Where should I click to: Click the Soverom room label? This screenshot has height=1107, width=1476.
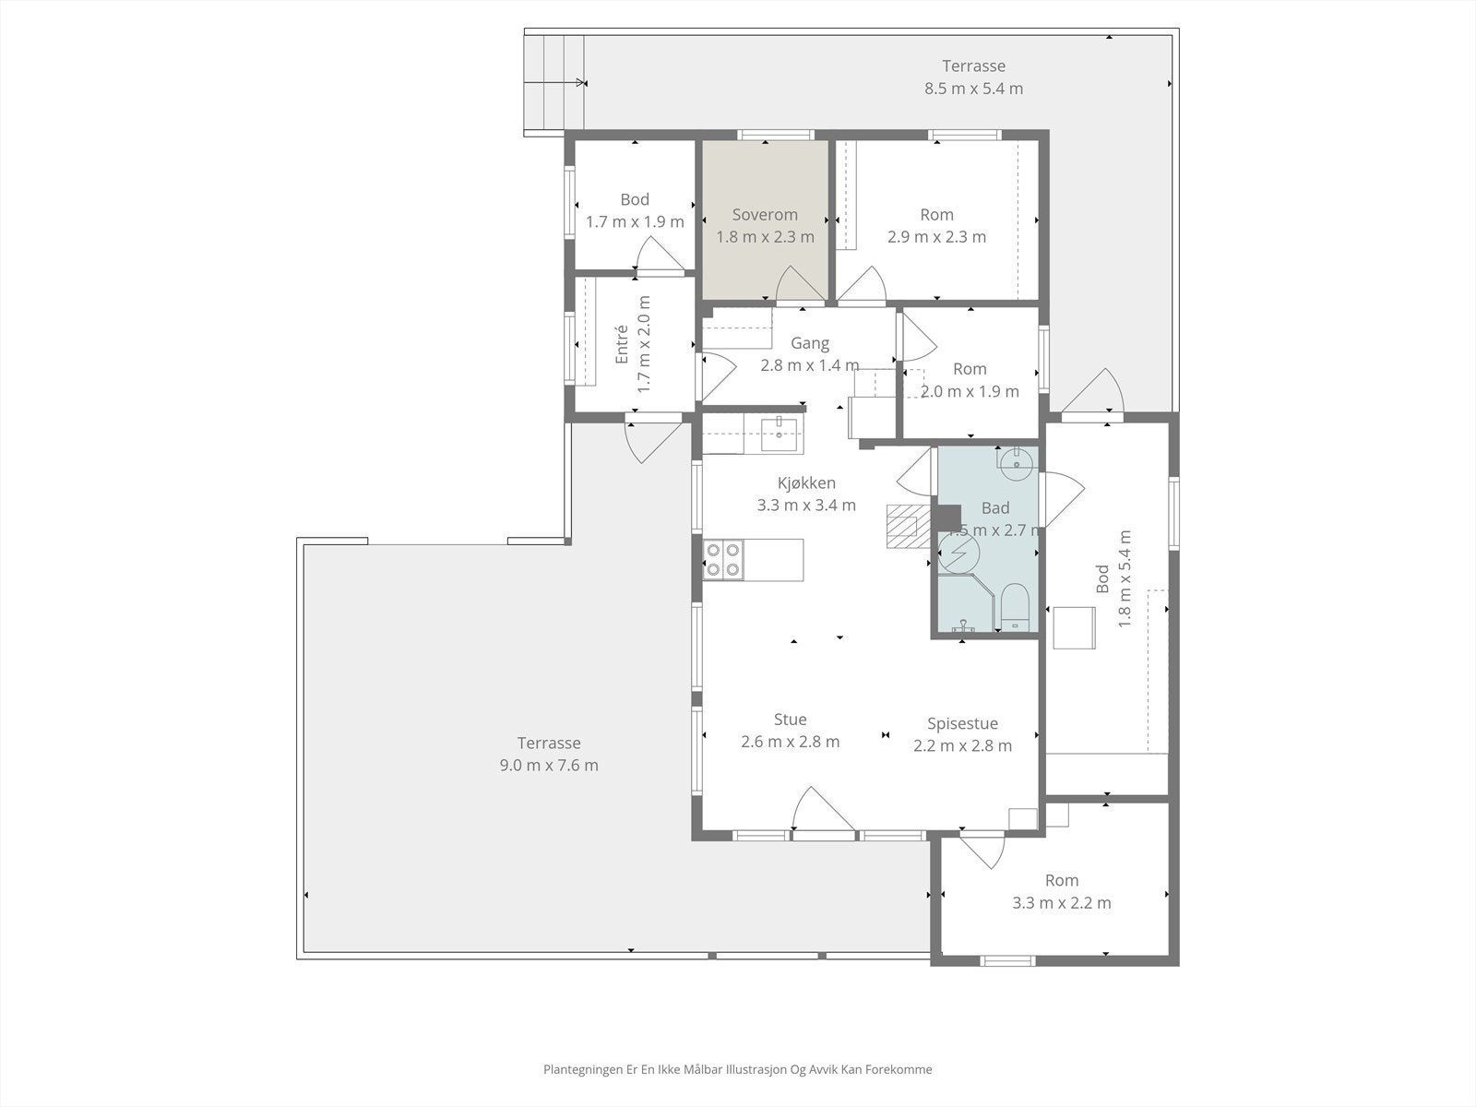click(765, 215)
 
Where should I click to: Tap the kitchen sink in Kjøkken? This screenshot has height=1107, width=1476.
click(780, 433)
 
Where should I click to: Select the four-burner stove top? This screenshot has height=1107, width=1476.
click(723, 559)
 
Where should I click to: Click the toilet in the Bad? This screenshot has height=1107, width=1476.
click(1015, 606)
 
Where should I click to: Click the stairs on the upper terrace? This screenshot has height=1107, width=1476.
click(553, 83)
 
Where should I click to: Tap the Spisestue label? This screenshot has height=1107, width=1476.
click(962, 724)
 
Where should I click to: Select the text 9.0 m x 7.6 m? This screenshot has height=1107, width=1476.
click(549, 765)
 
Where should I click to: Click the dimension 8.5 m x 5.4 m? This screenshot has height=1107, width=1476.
click(973, 89)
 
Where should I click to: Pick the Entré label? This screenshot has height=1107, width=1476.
click(622, 343)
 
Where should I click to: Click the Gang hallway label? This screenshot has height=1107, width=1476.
click(810, 343)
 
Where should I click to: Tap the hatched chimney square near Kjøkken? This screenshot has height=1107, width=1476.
click(902, 527)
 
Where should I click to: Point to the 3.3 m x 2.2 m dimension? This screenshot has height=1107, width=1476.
click(1061, 903)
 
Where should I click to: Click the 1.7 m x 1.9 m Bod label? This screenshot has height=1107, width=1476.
click(635, 222)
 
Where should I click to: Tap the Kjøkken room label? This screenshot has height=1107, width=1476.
click(806, 483)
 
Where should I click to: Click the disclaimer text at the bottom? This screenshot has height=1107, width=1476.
click(737, 1070)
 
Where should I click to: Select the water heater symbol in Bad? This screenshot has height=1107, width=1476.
click(958, 553)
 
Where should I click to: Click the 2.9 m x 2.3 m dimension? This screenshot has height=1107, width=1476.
click(936, 237)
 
